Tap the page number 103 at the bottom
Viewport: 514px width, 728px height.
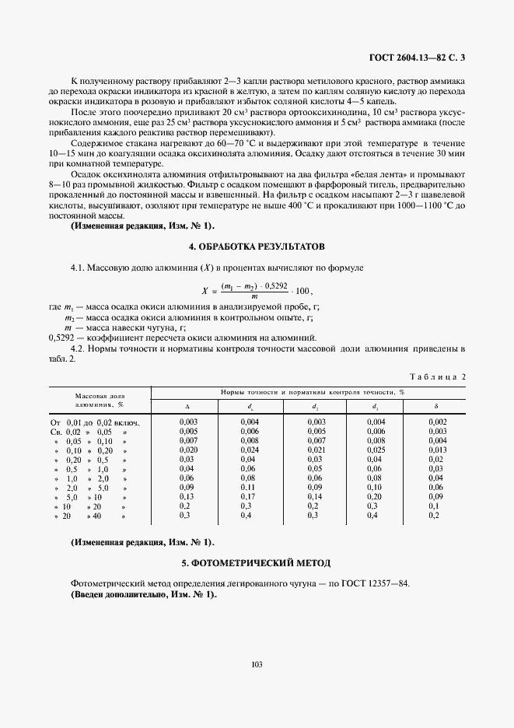257,663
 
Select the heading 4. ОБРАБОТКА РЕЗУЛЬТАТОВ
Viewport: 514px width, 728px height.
257,246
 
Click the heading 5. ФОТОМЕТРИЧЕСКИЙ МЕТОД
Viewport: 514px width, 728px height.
257,562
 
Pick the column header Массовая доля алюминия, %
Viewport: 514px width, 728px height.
100,400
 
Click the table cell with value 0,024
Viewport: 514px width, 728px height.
250,450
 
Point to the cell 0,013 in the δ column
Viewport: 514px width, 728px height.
436,450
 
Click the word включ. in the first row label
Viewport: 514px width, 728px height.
127,421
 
